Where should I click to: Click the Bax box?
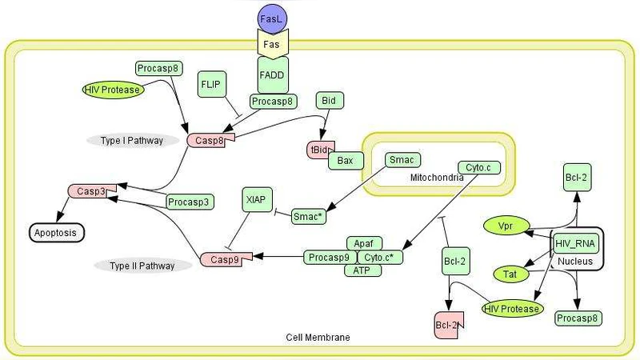click(x=345, y=161)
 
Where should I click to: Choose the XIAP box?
click(x=258, y=199)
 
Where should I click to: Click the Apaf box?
click(x=363, y=242)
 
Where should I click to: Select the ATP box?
click(x=362, y=271)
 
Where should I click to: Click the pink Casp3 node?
click(x=92, y=191)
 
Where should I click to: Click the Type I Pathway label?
click(x=132, y=141)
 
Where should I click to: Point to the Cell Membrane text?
click(x=318, y=338)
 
